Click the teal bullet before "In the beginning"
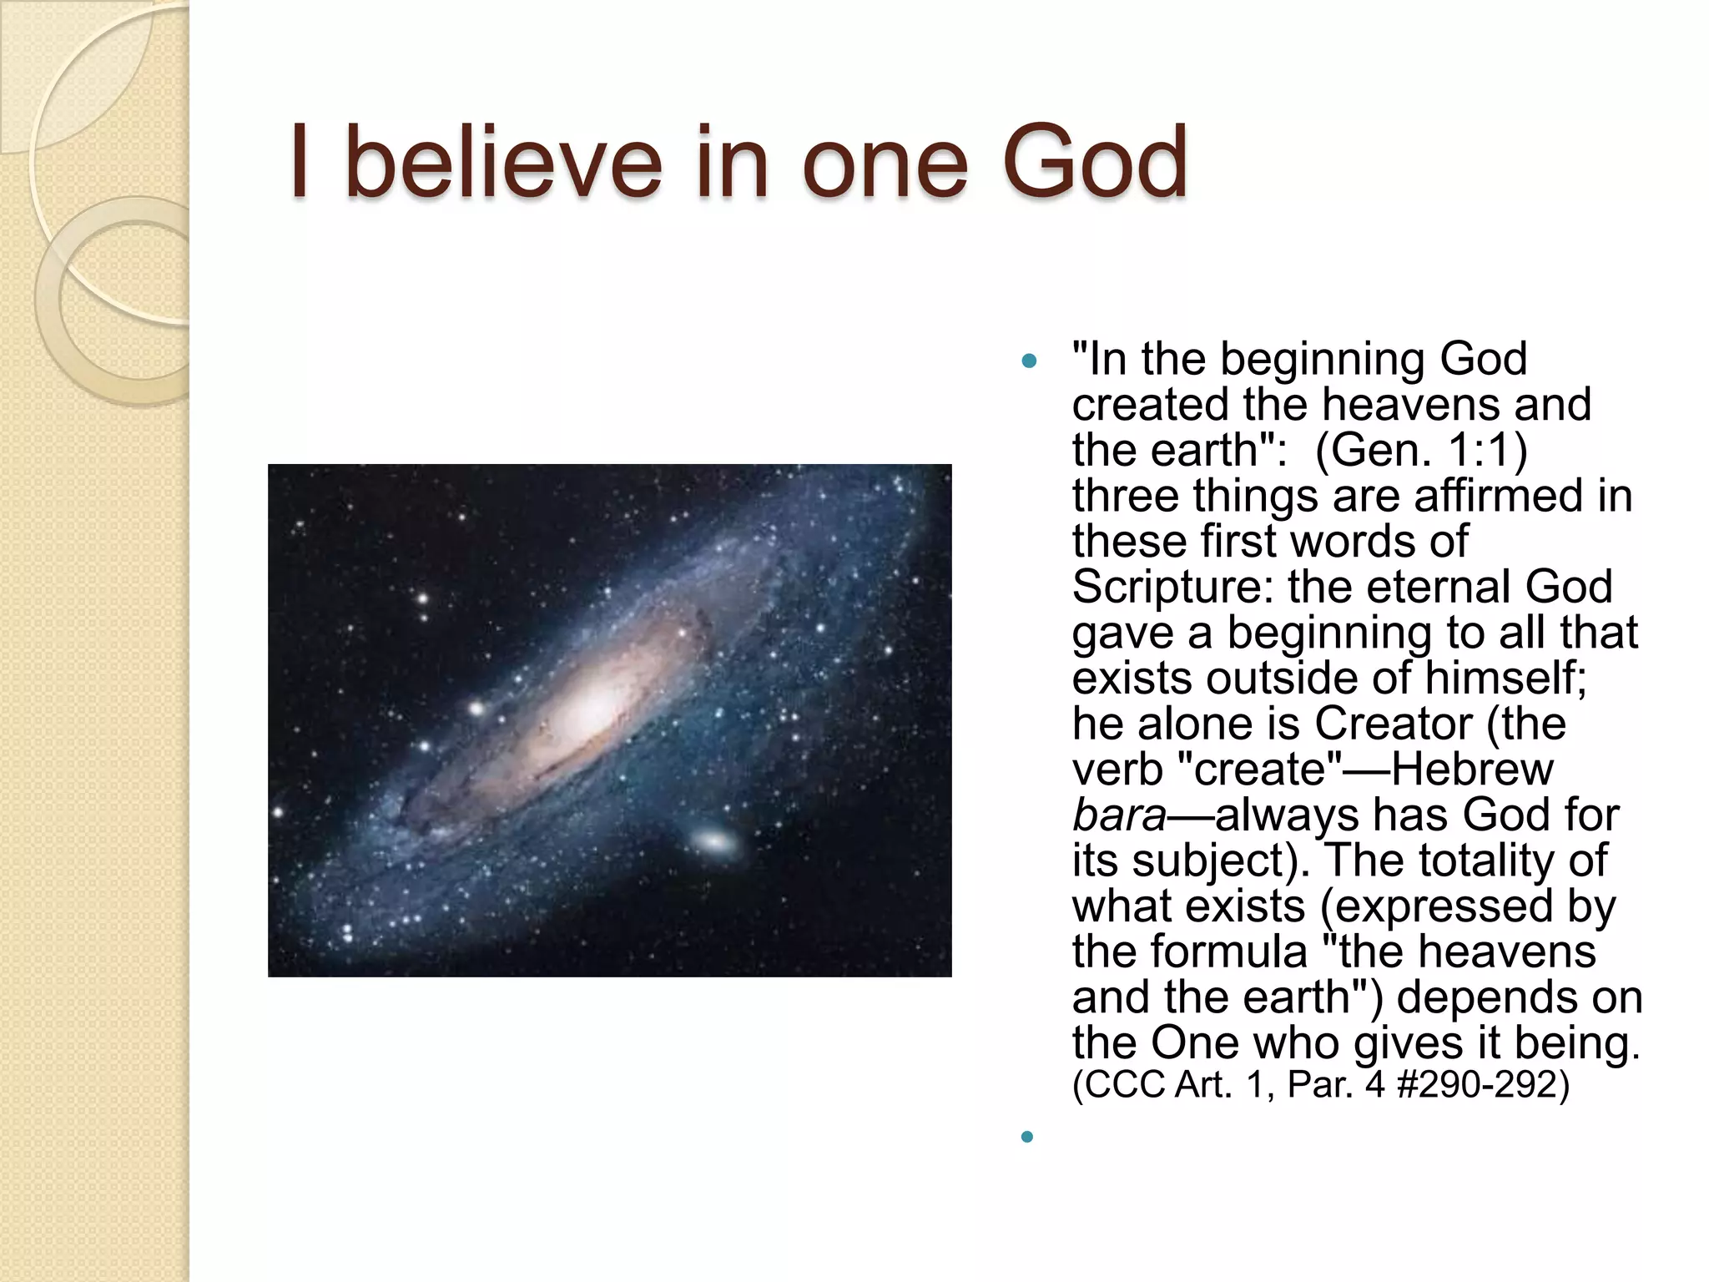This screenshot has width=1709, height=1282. tap(1029, 361)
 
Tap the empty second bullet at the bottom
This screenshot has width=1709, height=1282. tap(1027, 1136)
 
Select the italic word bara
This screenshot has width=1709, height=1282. tap(1117, 815)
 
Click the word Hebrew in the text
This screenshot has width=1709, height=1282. tap(1472, 769)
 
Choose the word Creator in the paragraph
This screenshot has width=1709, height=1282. tap(1393, 723)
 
